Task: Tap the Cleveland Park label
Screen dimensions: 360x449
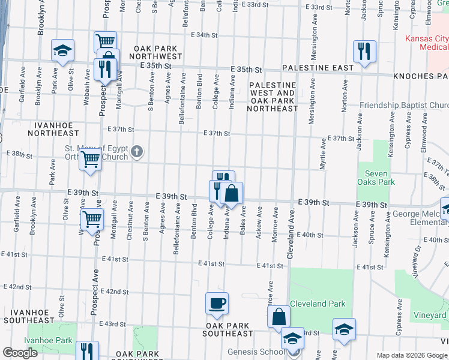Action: tap(318, 304)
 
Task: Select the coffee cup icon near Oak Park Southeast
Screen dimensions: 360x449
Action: tap(217, 304)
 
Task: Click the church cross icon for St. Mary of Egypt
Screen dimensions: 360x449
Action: tap(137, 151)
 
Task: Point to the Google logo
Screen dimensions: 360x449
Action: tap(20, 353)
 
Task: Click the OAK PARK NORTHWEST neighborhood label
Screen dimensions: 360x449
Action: tap(149, 52)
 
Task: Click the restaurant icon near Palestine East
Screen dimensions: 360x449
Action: tap(364, 52)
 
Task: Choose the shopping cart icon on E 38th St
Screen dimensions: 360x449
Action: tap(91, 160)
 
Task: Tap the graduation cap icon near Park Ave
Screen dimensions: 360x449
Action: tap(62, 52)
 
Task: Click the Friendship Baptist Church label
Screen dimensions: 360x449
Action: tap(403, 106)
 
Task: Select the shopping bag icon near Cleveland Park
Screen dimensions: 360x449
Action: tap(279, 316)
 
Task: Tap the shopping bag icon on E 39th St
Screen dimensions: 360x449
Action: tap(231, 193)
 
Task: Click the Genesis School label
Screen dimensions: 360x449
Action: tap(256, 352)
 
